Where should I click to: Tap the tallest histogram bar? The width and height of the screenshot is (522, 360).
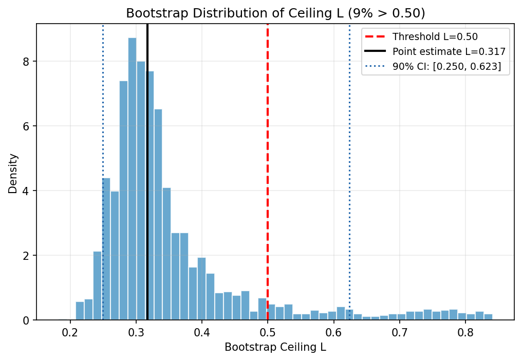tap(132, 180)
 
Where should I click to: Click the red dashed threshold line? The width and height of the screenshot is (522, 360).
tap(268, 154)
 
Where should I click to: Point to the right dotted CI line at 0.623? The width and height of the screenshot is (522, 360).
tap(349, 154)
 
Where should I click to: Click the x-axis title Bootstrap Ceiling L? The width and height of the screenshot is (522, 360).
tap(275, 347)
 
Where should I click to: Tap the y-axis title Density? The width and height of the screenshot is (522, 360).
tap(12, 173)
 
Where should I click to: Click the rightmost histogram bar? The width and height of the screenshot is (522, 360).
tap(488, 317)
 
